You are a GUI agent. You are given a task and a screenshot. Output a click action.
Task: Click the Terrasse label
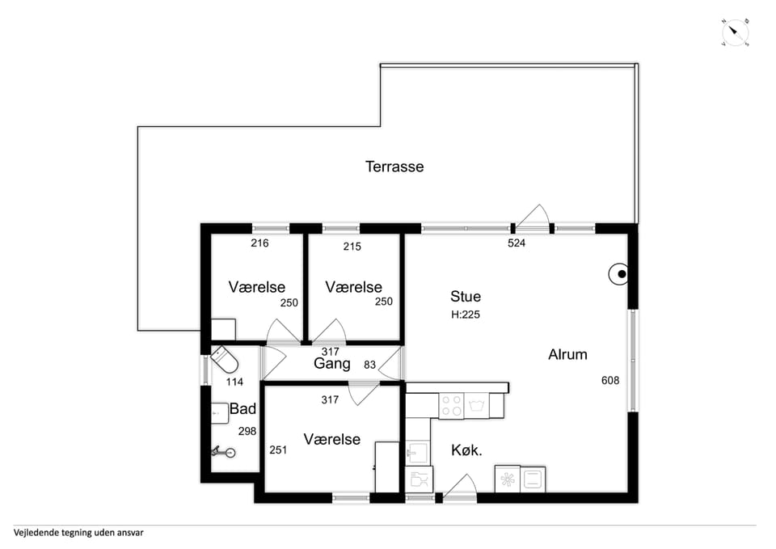[x=394, y=167]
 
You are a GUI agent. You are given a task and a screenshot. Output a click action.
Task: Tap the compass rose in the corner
[x=736, y=33]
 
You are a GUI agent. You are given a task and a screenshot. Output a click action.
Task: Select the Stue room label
[x=466, y=296]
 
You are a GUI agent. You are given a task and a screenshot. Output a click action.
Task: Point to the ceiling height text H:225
[x=466, y=315]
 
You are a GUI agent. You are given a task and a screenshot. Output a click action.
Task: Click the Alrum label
[x=567, y=354]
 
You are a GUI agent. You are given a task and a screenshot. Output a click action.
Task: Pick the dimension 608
[x=610, y=380]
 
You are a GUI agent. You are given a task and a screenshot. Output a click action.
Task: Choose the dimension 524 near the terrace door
[x=517, y=243]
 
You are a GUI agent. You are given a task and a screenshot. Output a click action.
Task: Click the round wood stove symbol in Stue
[x=618, y=274]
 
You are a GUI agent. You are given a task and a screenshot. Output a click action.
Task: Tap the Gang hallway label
[x=332, y=364]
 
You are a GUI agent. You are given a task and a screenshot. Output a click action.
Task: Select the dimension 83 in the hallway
[x=369, y=365]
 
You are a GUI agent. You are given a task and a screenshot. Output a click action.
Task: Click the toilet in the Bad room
[x=225, y=360]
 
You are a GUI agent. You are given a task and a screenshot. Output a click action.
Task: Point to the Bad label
[x=242, y=409]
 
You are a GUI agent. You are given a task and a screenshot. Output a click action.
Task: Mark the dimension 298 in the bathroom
[x=247, y=431]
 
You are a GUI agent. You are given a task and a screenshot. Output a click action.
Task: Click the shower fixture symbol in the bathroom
[x=223, y=452]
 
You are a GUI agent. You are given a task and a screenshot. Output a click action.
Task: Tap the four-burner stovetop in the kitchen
[x=452, y=405]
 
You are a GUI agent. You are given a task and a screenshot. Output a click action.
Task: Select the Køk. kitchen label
[x=466, y=450]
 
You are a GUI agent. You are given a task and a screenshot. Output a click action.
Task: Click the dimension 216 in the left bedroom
[x=259, y=243]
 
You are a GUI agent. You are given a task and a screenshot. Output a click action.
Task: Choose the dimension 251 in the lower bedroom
[x=278, y=450]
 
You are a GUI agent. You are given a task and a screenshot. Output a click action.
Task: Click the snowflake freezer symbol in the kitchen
[x=508, y=479]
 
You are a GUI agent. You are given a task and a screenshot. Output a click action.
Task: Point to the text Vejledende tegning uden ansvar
[x=78, y=533]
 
